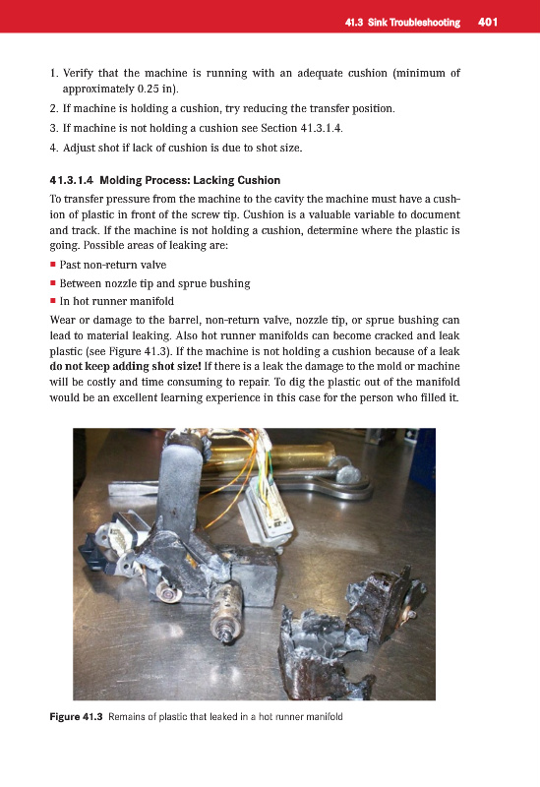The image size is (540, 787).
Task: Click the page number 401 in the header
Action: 487,22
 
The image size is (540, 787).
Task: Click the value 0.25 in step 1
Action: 148,89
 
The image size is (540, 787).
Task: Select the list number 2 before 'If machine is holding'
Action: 54,108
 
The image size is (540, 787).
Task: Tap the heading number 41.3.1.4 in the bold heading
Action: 71,180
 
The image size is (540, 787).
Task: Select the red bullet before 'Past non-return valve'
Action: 53,264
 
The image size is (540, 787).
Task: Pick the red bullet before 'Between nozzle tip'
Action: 53,283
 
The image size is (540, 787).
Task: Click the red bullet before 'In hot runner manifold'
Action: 53,301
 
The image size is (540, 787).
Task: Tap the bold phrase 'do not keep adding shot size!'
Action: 126,366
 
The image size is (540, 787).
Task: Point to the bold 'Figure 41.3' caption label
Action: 76,717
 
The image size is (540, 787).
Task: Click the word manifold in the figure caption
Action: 325,717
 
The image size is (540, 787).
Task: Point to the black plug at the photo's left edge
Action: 94,551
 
